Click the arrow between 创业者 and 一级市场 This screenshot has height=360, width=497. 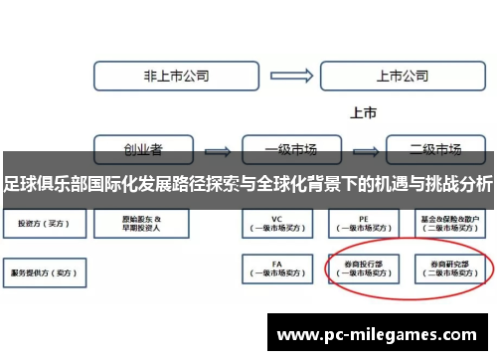pos(218,150)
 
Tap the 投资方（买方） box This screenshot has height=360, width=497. pos(39,223)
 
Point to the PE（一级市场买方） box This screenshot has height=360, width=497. pos(365,223)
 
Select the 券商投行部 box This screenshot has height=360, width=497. pos(365,269)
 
